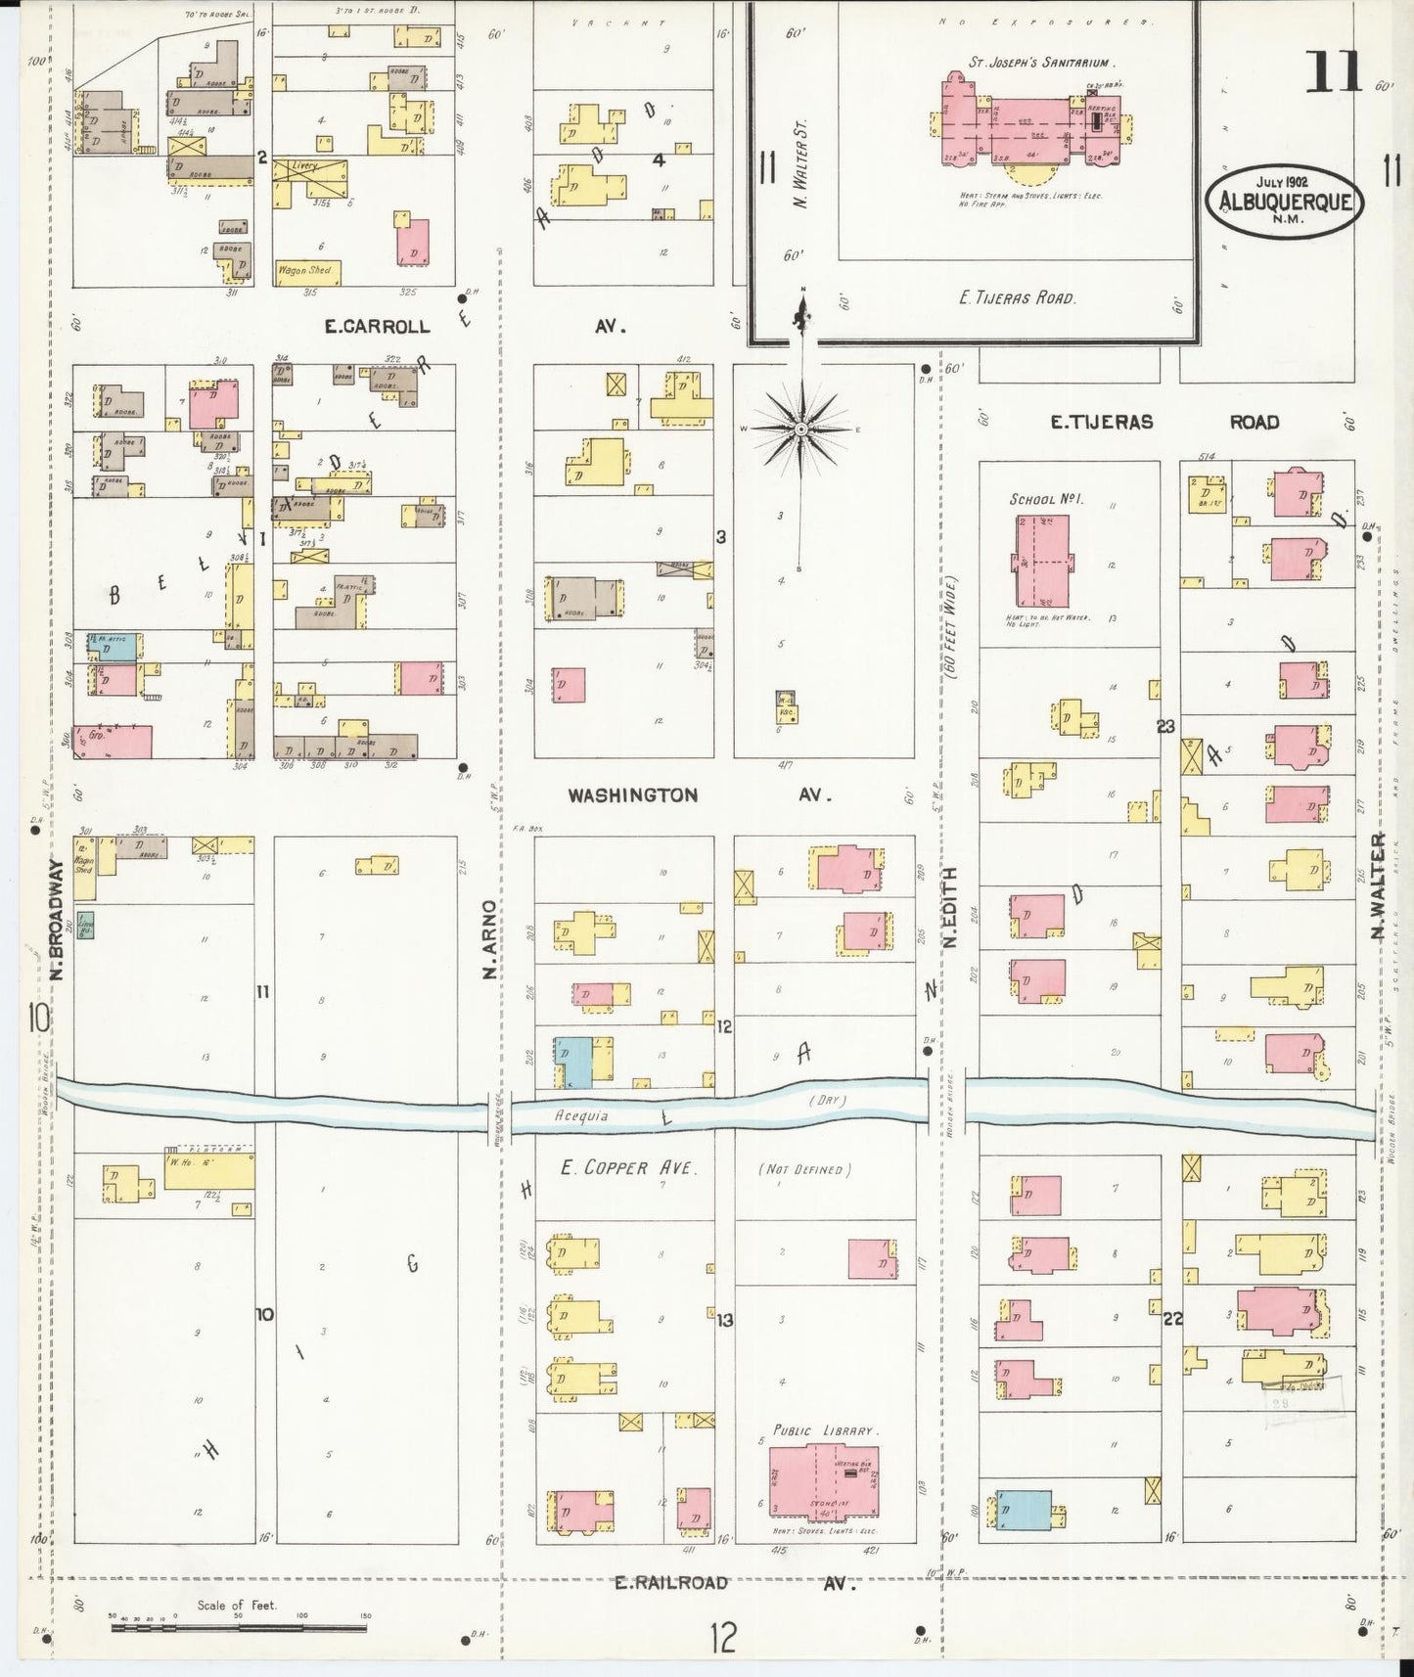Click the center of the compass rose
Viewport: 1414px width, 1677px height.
[800, 429]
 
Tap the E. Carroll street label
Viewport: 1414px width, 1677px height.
[378, 327]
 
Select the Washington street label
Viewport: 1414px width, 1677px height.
[633, 795]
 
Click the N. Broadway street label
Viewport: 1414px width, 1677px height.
[56, 920]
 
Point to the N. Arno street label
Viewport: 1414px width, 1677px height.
[490, 939]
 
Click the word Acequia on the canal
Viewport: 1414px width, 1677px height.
[581, 1114]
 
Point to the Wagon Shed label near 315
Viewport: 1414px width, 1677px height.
[305, 270]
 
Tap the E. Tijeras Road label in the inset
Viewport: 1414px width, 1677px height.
[1018, 297]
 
